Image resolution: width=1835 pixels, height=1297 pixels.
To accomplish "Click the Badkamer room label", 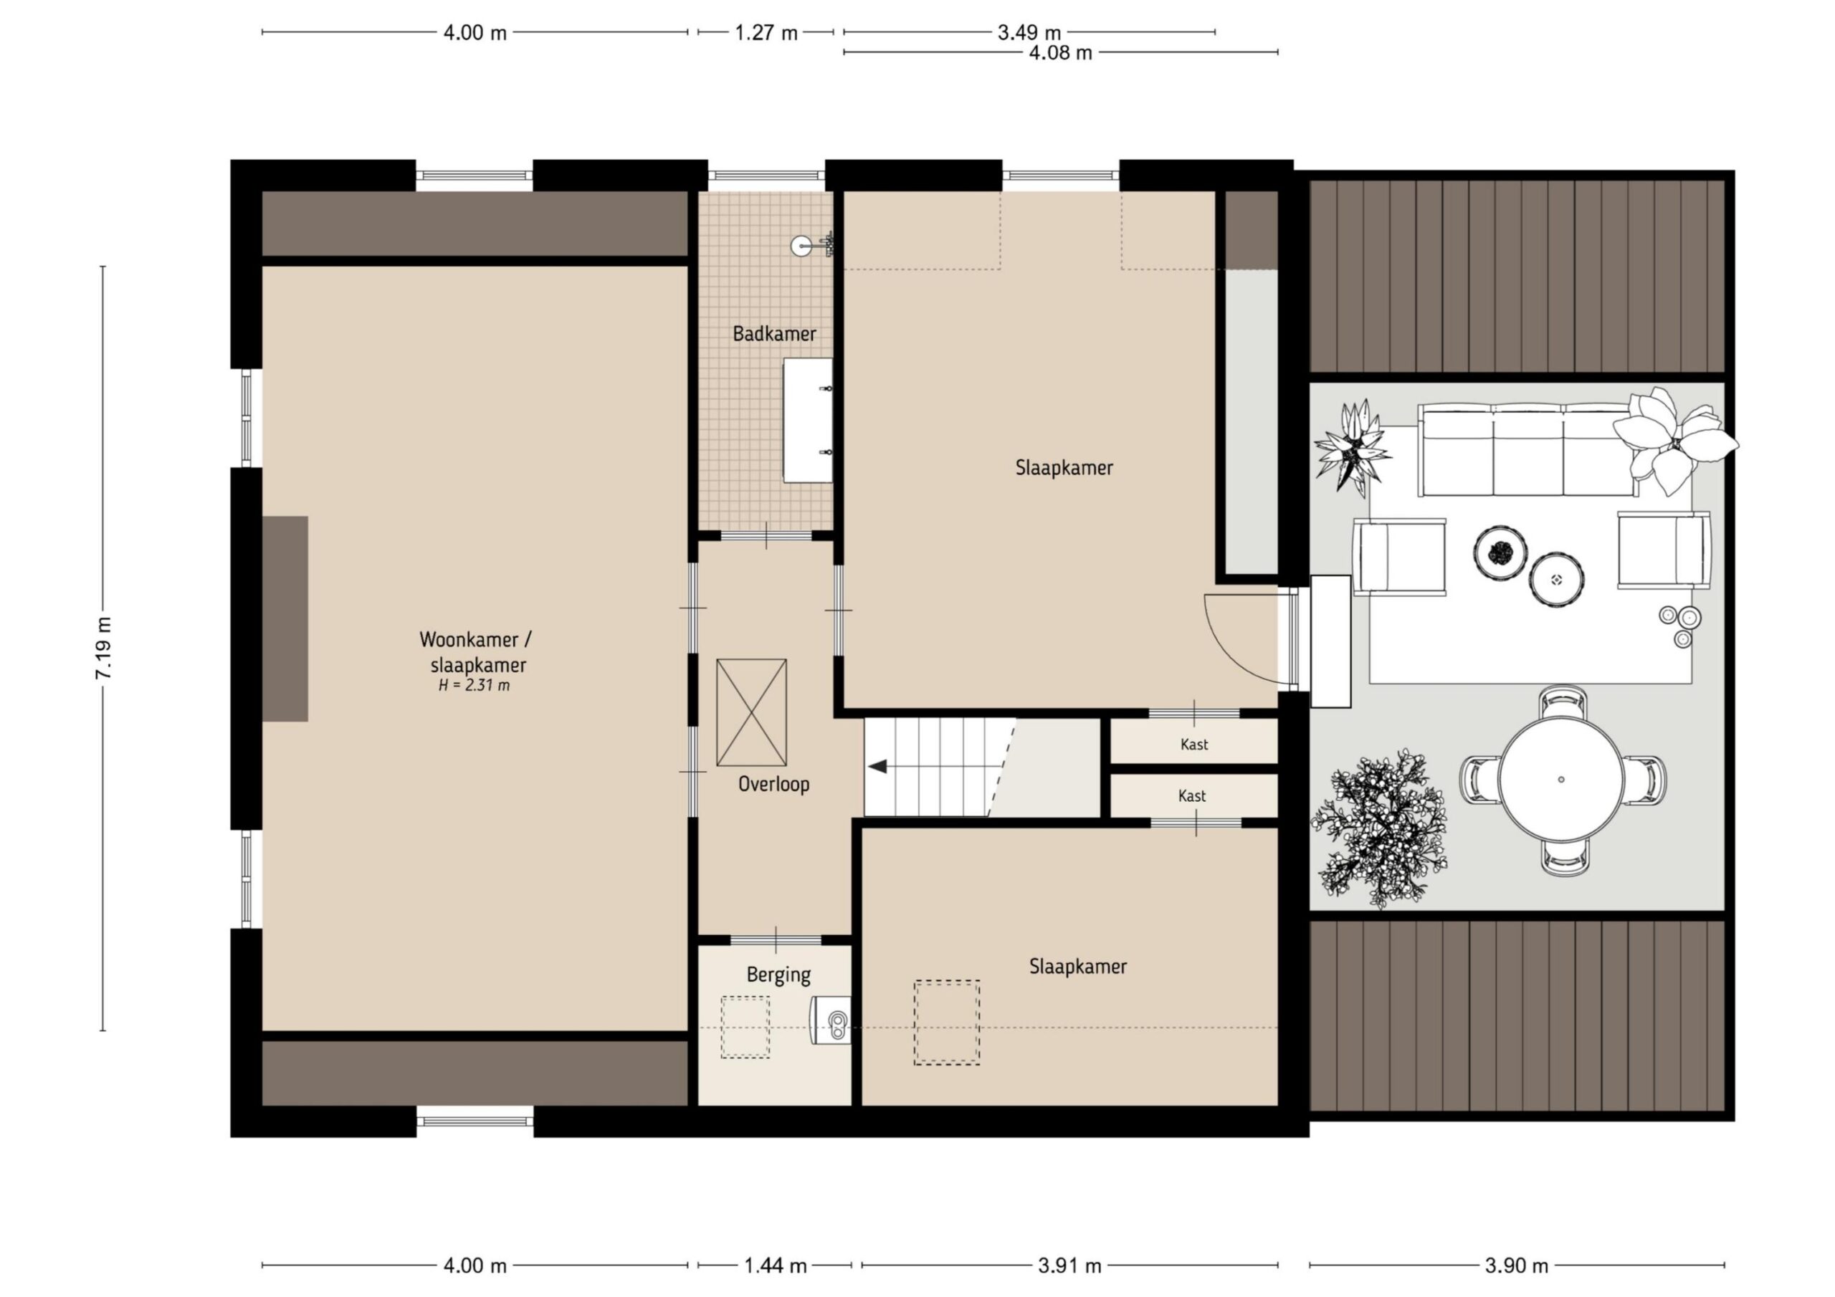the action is [x=773, y=333].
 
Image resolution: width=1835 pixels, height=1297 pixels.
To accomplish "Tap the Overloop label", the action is [x=773, y=784].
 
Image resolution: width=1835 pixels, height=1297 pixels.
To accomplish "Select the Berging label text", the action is [x=778, y=975].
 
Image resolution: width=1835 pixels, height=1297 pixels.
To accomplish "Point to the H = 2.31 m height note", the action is [x=474, y=685].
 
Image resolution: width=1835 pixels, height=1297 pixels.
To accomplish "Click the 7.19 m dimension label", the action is [x=104, y=648].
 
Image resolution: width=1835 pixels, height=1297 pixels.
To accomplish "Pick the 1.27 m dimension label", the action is [x=766, y=33].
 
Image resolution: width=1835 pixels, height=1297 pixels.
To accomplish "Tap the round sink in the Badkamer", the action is [x=801, y=246].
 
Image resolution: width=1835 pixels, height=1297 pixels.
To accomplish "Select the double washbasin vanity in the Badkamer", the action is [x=807, y=421].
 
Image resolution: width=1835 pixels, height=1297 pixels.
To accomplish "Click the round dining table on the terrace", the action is [x=1561, y=779].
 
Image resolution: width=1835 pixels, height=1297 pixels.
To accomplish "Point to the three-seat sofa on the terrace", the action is [x=1527, y=450].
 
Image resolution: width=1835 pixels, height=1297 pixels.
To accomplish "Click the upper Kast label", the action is [x=1194, y=745].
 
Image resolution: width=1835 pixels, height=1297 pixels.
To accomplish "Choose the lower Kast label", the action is [x=1191, y=796].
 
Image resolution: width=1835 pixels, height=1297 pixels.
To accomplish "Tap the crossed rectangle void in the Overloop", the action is [x=751, y=713].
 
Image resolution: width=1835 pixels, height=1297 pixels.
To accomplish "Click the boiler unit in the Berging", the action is [x=830, y=1020].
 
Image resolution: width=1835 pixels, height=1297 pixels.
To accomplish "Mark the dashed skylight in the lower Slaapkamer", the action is [x=947, y=1022].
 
